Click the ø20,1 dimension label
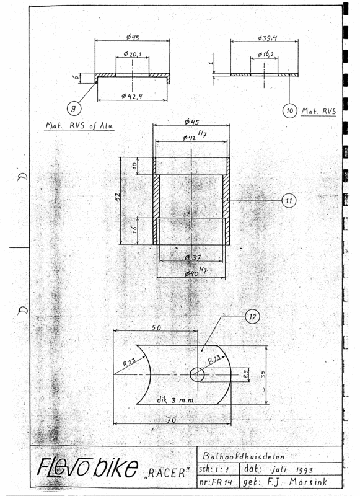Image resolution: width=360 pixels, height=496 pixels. [x=132, y=55]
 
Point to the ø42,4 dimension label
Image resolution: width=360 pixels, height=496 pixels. [x=132, y=96]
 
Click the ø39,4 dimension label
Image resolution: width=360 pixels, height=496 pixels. [x=268, y=38]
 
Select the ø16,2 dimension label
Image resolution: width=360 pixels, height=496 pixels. [x=266, y=55]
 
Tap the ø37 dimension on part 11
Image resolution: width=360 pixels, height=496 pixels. [x=193, y=257]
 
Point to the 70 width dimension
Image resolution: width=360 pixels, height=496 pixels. [x=172, y=420]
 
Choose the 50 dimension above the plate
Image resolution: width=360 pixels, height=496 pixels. [x=156, y=328]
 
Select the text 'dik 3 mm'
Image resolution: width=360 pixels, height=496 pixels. [x=175, y=400]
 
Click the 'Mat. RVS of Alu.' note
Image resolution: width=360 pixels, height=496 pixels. [x=80, y=125]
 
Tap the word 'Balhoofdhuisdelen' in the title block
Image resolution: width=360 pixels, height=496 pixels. [x=244, y=456]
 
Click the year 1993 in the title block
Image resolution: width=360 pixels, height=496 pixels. [x=304, y=470]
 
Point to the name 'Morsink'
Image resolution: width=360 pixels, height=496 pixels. [x=308, y=482]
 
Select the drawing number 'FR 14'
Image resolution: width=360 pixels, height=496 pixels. [x=222, y=482]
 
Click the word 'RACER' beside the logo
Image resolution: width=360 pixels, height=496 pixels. [x=168, y=472]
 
